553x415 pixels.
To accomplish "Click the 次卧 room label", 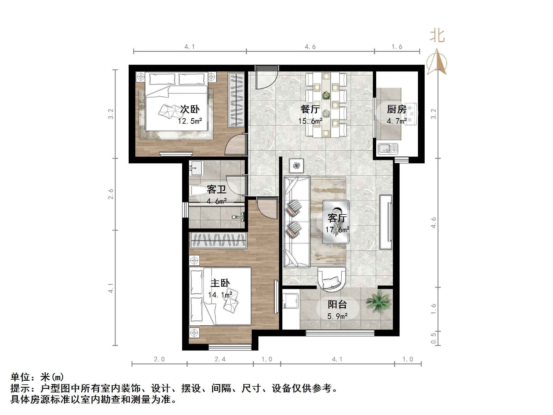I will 190,109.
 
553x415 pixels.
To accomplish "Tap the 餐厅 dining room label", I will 310,109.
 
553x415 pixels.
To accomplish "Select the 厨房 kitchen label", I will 397,109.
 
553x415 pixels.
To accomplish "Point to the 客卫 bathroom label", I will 216,190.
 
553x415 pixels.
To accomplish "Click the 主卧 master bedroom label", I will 220,283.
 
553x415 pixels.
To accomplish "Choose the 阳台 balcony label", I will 337,304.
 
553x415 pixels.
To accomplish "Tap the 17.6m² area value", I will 337,230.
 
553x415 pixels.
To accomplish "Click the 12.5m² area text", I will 190,121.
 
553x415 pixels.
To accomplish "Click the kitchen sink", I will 388,148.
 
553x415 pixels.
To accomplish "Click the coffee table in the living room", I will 336,222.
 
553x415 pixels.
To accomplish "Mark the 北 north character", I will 437,36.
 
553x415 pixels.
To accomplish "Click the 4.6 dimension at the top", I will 310,47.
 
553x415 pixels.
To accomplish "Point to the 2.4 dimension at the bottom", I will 220,359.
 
